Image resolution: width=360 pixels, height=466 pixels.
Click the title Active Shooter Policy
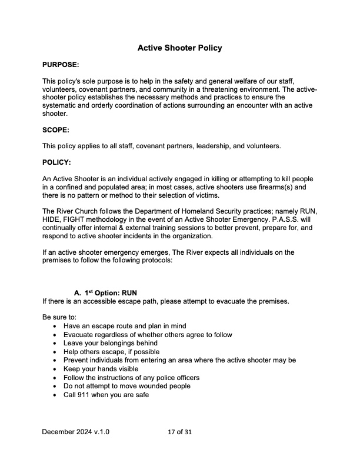[179, 48]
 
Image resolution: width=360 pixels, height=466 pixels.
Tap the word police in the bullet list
[158, 378]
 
